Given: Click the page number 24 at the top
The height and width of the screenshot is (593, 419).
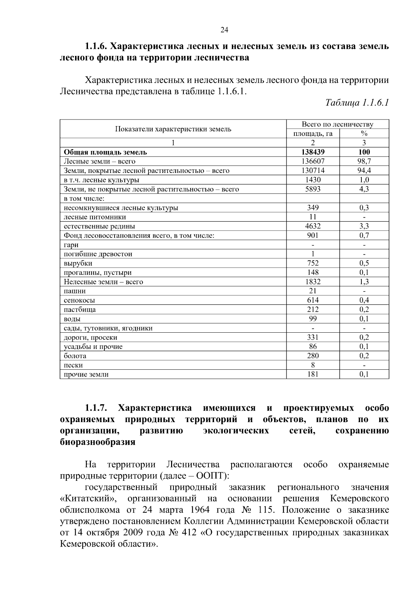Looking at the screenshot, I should [x=224, y=30].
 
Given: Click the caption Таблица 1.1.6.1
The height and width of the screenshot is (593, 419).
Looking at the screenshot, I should [x=357, y=103].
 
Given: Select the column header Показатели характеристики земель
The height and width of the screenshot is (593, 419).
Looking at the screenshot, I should [x=173, y=129].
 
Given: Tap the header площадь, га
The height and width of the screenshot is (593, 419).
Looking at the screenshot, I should [x=313, y=133].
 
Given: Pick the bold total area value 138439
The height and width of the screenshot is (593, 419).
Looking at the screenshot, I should [x=313, y=152].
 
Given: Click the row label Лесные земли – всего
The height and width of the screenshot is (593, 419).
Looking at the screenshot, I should [x=100, y=161].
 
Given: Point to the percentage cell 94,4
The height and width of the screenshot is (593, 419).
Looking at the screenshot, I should [x=364, y=171].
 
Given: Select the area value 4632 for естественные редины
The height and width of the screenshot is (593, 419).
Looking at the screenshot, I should [x=313, y=226].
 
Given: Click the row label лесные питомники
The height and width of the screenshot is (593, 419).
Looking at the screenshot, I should [x=95, y=217].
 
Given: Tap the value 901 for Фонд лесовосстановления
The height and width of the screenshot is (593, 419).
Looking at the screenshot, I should [x=313, y=236].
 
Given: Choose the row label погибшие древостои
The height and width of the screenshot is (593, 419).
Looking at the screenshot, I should [x=98, y=254].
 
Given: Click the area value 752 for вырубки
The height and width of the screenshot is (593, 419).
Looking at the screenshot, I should [x=313, y=263].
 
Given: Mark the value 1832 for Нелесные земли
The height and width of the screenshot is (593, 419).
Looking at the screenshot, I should [x=313, y=282].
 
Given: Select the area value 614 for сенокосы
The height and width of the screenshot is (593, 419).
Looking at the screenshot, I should [x=313, y=300].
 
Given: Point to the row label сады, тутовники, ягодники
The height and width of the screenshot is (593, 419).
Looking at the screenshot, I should [x=108, y=328].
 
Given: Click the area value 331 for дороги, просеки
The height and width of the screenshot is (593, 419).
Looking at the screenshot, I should [x=313, y=337].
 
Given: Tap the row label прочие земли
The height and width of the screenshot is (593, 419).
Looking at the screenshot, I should [x=86, y=375].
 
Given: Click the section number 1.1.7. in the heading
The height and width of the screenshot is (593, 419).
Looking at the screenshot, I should [x=96, y=408].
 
